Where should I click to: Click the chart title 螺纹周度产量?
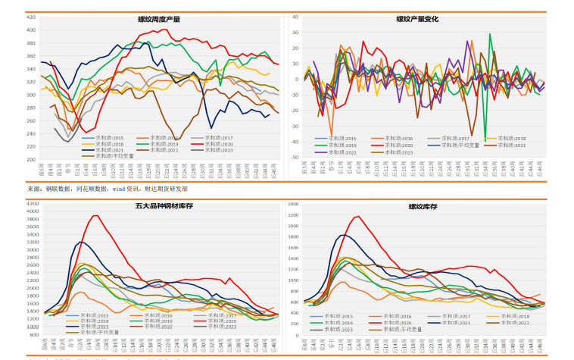pyautogui.click(x=159, y=19)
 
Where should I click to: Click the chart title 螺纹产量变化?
pyautogui.click(x=417, y=19)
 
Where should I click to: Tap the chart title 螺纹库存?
pyautogui.click(x=417, y=206)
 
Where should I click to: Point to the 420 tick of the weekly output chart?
pyautogui.click(x=31, y=17)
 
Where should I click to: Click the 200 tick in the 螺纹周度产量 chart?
pyautogui.click(x=31, y=160)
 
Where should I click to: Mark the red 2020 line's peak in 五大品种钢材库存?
pyautogui.click(x=95, y=216)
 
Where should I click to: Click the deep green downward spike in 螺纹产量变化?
pyautogui.click(x=485, y=139)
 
